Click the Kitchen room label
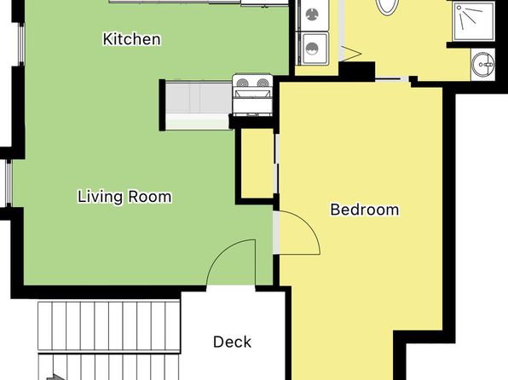pyautogui.click(x=131, y=39)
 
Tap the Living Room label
pyautogui.click(x=124, y=197)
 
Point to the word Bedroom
pyautogui.click(x=365, y=210)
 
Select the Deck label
pyautogui.click(x=233, y=343)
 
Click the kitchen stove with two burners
pyautogui.click(x=252, y=95)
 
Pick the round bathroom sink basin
pyautogui.click(x=482, y=65)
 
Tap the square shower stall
pyautogui.click(x=474, y=21)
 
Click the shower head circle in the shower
pyautogui.click(x=459, y=8)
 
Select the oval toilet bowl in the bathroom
pyautogui.click(x=388, y=7)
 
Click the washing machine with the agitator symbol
pyautogui.click(x=312, y=14)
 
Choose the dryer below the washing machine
pyautogui.click(x=312, y=49)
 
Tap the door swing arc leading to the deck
pyautogui.click(x=223, y=252)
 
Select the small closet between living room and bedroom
pyautogui.click(x=257, y=163)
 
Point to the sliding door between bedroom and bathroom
pyautogui.click(x=392, y=78)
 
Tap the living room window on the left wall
pyautogui.click(x=9, y=183)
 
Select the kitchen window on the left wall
pyautogui.click(x=21, y=44)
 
